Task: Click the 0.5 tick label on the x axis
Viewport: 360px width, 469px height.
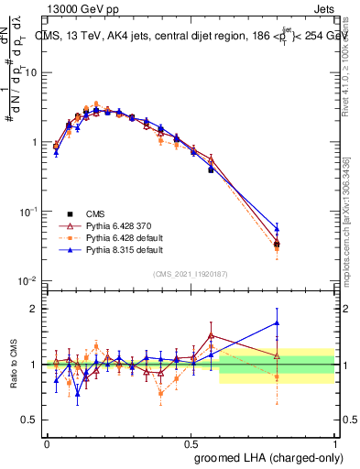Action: [x=191, y=442]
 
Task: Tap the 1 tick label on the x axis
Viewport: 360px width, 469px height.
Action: [x=333, y=442]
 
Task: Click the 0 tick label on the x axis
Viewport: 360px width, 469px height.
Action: [x=47, y=442]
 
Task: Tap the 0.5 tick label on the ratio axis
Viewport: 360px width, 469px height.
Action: [x=32, y=420]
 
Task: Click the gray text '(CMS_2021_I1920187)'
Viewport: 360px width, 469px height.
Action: [x=190, y=273]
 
